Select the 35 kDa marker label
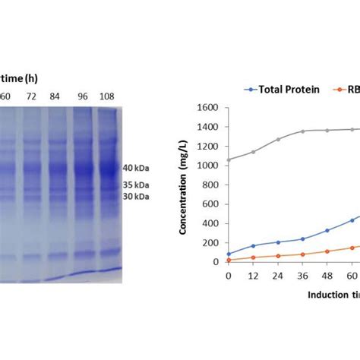coord(138,185)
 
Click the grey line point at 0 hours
coord(229,159)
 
